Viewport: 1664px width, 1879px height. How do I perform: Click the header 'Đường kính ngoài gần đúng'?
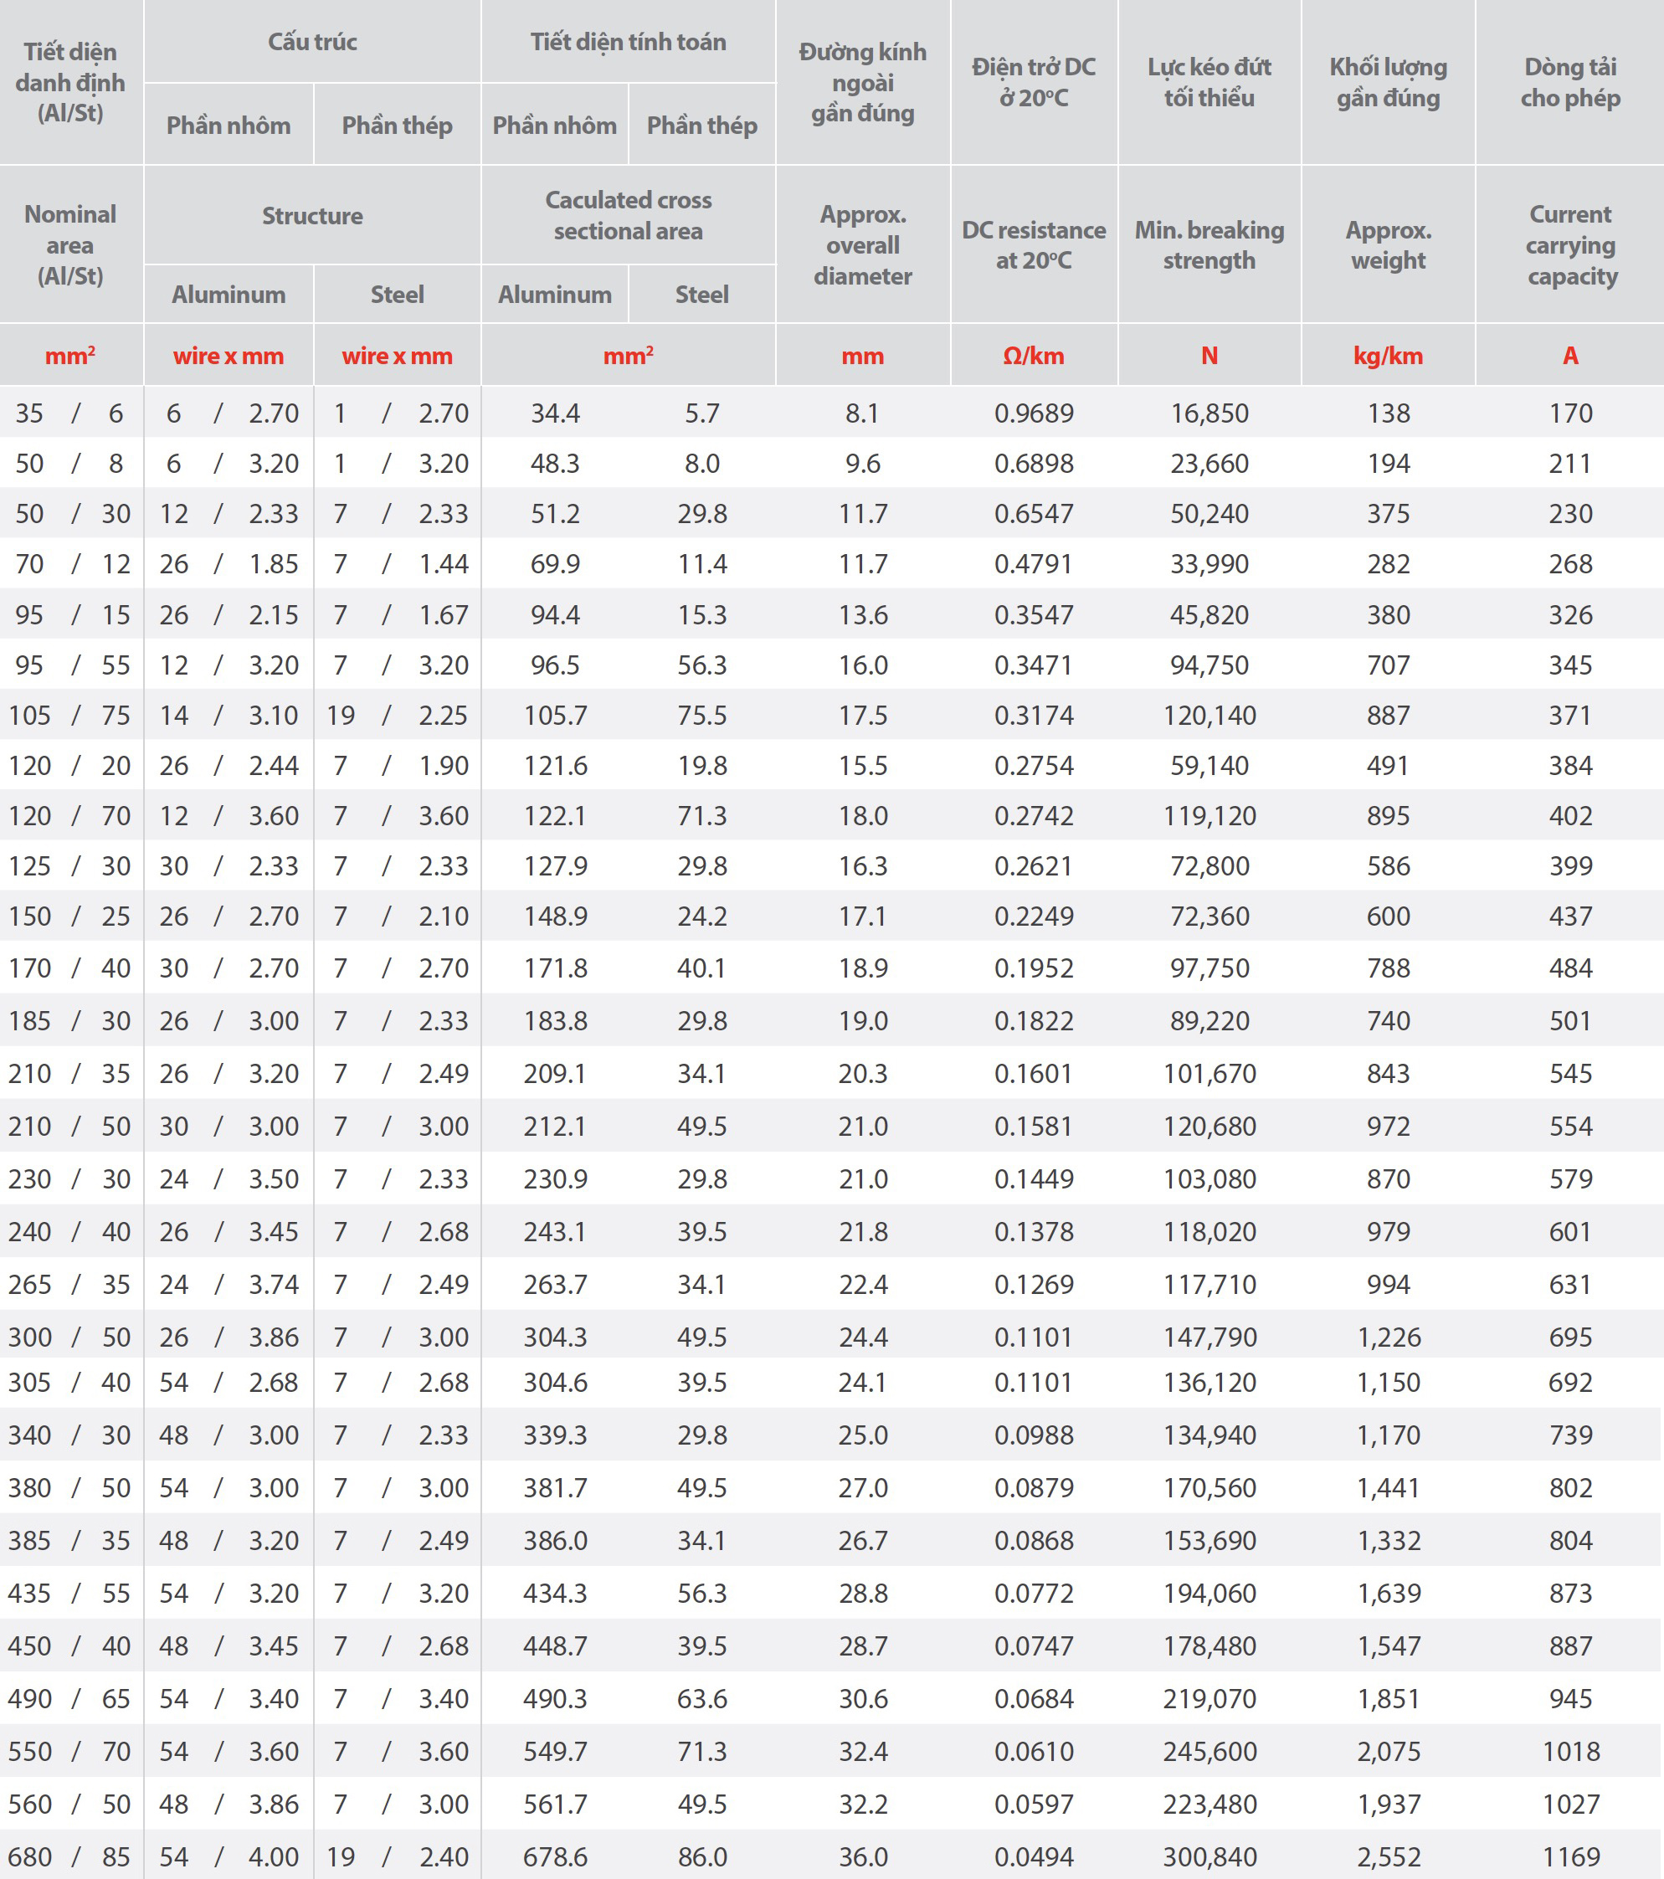coord(862,83)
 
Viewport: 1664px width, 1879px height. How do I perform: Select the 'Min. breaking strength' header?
coord(1209,244)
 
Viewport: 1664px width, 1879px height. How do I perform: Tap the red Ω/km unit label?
coord(1034,356)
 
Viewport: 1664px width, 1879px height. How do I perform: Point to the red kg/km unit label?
coord(1387,356)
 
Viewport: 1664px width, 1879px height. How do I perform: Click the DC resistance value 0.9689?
coord(1034,413)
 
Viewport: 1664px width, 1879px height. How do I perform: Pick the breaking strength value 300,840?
coord(1209,1857)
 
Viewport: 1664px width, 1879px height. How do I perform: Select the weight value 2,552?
coord(1388,1857)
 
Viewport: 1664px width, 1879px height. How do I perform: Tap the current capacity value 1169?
coord(1570,1857)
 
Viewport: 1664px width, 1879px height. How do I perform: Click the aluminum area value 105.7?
coord(555,716)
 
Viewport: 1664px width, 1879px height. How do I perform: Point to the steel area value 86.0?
coord(702,1857)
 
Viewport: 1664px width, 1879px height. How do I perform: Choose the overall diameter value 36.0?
coord(862,1857)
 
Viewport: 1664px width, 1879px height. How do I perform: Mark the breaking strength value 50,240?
coord(1209,514)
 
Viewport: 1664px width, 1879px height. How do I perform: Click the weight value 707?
coord(1388,665)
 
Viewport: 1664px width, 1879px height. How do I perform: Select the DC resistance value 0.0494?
coord(1034,1857)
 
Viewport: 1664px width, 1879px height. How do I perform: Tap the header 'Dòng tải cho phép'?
coord(1570,83)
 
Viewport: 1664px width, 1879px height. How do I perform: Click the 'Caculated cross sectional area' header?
coord(628,215)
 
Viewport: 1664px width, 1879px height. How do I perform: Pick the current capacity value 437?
coord(1570,916)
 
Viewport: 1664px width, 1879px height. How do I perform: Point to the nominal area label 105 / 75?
coord(69,716)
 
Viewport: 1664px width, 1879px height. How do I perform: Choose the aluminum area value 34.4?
coord(555,413)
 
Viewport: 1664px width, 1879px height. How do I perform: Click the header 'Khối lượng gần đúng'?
coord(1387,83)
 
